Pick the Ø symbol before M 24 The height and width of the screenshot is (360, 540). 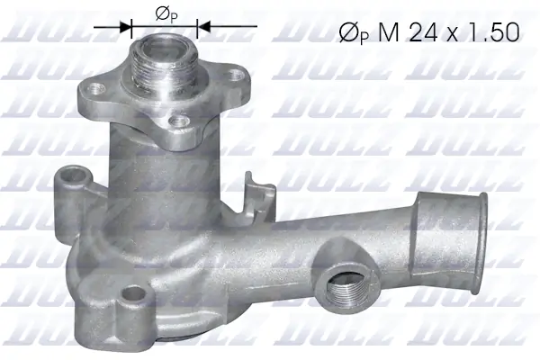coord(346,33)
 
